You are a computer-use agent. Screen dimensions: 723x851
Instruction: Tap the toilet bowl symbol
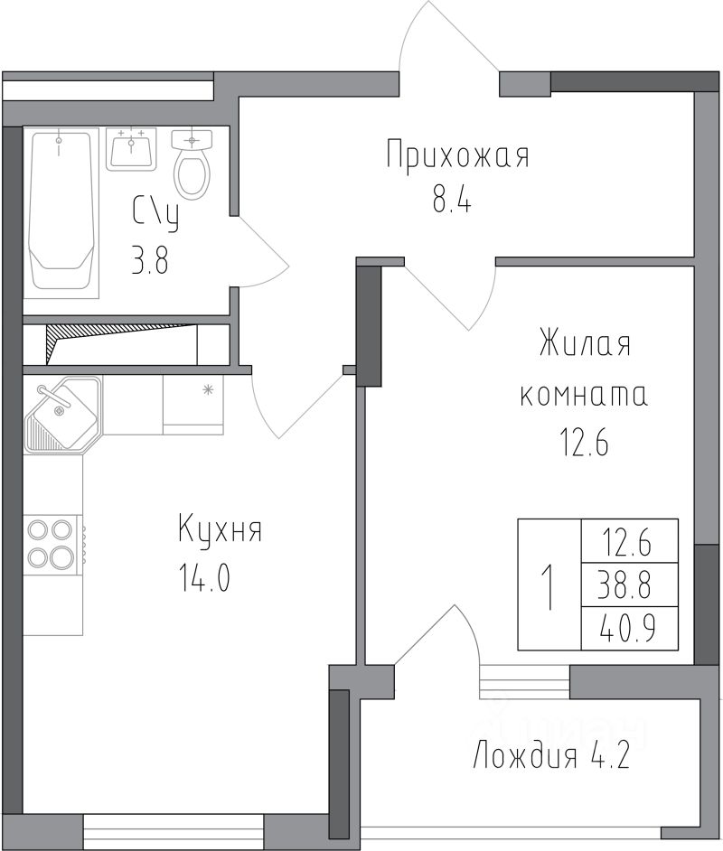click(192, 164)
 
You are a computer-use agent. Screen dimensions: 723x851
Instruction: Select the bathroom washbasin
click(131, 149)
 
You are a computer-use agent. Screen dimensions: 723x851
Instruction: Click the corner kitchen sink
click(62, 414)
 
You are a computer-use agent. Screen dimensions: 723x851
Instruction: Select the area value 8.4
click(452, 201)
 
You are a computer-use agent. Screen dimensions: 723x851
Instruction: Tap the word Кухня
click(221, 529)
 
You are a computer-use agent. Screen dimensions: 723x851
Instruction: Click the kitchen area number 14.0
click(204, 578)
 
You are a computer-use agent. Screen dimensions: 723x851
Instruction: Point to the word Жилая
click(585, 343)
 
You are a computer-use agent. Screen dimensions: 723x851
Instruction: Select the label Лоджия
click(525, 756)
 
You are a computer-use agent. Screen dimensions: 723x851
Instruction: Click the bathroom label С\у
click(155, 214)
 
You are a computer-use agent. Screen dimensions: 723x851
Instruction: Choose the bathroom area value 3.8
click(150, 259)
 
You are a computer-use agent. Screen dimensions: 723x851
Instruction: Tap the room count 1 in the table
click(549, 586)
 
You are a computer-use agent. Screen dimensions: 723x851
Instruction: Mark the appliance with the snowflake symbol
click(193, 405)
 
